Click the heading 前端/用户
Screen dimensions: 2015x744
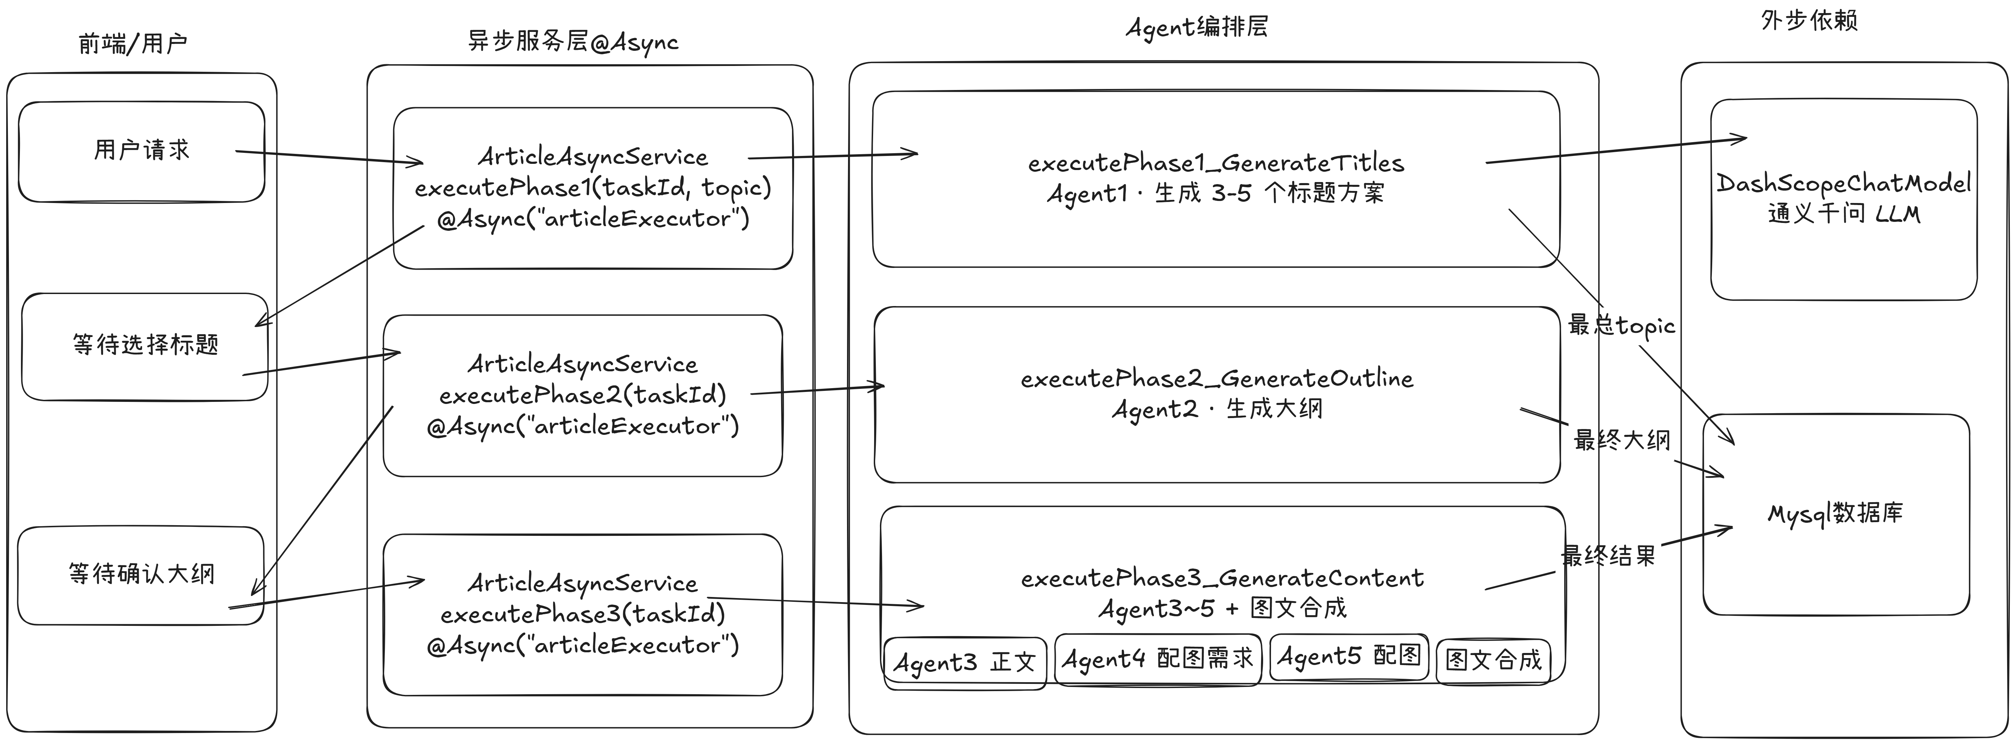coord(133,44)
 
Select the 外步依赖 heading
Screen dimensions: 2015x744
coord(1809,20)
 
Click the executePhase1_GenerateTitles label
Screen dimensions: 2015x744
coord(1216,164)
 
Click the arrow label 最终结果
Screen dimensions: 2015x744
coord(1608,556)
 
